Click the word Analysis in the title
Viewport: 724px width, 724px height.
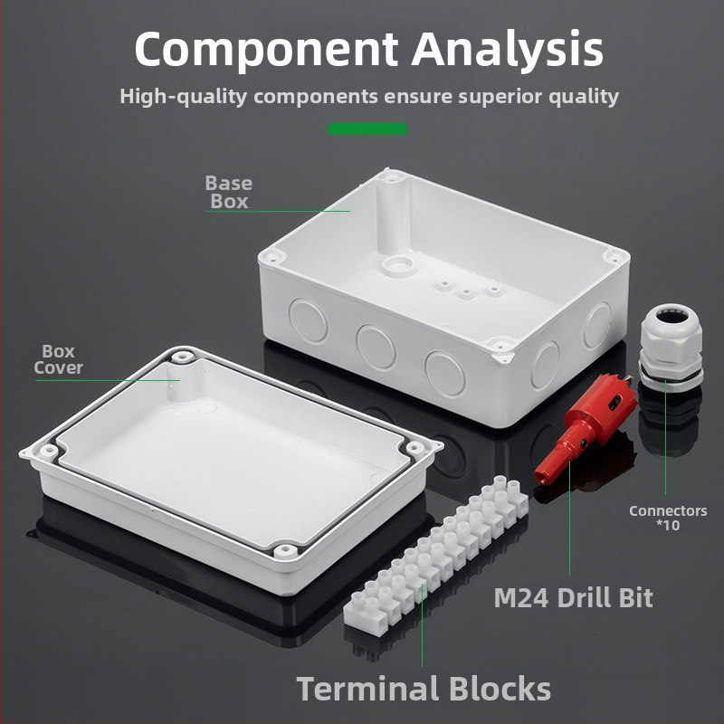pos(507,50)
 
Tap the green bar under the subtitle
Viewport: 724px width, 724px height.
pos(367,129)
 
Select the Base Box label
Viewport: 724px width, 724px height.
pos(229,192)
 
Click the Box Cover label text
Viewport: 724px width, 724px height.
pos(58,359)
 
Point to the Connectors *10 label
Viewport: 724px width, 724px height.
pos(668,518)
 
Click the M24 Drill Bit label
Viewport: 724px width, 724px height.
pos(573,598)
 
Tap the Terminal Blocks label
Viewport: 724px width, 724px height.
pos(424,688)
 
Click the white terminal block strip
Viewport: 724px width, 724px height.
pos(436,556)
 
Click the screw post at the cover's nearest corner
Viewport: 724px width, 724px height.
pos(285,551)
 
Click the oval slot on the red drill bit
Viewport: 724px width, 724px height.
pos(614,405)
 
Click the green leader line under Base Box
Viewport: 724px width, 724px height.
pos(278,211)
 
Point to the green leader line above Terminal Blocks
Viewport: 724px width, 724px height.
pos(422,625)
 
